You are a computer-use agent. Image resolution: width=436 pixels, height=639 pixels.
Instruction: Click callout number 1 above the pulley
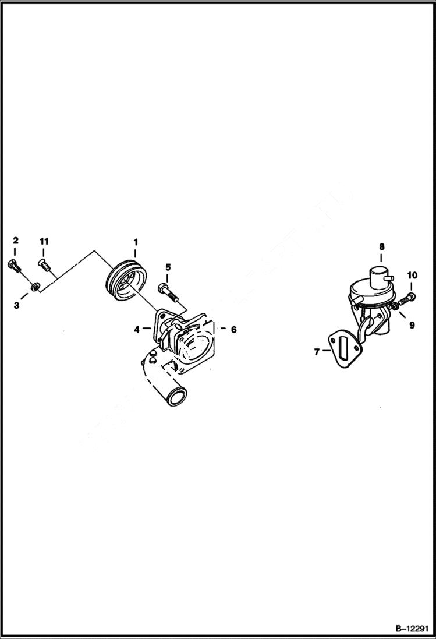[135, 241]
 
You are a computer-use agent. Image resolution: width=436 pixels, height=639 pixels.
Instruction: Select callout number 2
[16, 241]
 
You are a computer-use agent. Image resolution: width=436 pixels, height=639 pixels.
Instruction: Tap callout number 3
[16, 305]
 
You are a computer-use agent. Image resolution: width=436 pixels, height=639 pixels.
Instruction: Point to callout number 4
[137, 329]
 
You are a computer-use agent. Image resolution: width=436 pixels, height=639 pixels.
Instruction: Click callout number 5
[168, 267]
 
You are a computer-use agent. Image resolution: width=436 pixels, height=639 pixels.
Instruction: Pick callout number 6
[233, 329]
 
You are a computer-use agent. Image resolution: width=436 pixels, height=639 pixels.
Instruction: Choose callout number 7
[316, 351]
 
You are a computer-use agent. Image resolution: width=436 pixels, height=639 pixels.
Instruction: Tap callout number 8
[381, 246]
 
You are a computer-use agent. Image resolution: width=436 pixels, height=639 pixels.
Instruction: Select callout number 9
[412, 325]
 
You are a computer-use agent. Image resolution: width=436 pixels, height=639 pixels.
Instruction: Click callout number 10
[412, 274]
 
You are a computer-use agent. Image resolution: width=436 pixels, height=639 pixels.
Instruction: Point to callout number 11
[44, 241]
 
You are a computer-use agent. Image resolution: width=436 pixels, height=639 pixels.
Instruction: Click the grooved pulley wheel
[127, 284]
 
